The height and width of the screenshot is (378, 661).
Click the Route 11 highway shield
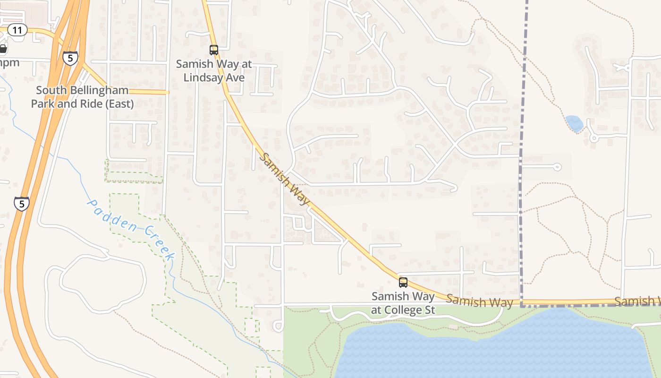(17, 30)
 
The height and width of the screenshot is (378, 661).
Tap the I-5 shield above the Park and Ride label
(70, 59)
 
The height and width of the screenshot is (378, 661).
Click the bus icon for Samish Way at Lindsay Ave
(214, 50)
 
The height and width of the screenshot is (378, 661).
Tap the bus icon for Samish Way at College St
(403, 283)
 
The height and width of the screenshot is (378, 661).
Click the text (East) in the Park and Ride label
(118, 103)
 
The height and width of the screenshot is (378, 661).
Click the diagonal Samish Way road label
(285, 180)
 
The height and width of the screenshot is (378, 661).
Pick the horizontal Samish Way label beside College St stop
(479, 301)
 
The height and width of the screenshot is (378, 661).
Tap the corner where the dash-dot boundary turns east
(521, 306)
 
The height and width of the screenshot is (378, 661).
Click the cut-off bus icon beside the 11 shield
(3, 49)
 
